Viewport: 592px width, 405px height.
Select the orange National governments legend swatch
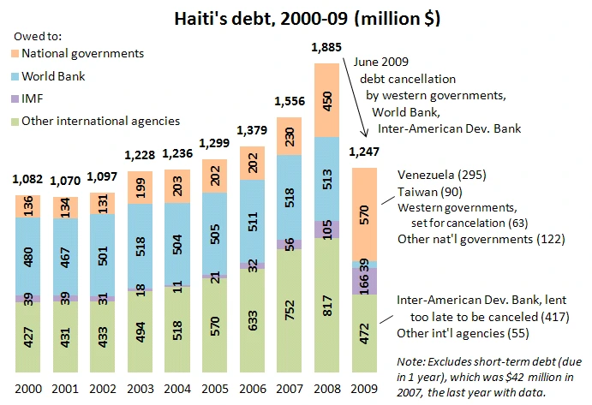point(15,54)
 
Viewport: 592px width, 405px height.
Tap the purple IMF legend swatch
point(15,98)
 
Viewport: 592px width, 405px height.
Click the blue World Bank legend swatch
point(15,76)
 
